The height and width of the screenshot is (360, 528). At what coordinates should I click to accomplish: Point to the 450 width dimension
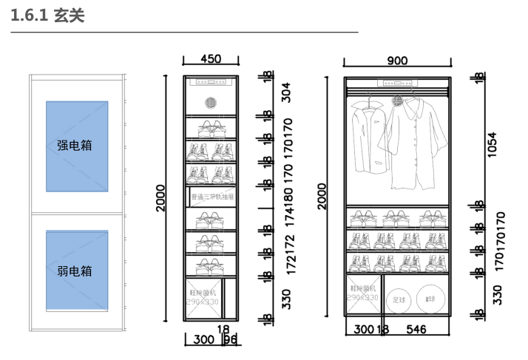(x=211, y=60)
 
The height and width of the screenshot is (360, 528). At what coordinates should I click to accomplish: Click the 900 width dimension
(x=398, y=61)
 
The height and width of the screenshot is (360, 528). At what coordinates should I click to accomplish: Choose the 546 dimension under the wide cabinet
(x=417, y=329)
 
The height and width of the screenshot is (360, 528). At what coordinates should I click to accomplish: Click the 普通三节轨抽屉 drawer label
(x=212, y=197)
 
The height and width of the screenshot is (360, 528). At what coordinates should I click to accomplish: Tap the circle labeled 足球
(x=399, y=300)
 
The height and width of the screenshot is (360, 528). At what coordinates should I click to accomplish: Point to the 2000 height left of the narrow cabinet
(x=161, y=197)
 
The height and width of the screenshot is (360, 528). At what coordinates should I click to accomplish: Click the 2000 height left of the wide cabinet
(x=322, y=196)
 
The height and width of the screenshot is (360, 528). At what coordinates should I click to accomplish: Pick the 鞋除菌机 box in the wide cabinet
(x=363, y=293)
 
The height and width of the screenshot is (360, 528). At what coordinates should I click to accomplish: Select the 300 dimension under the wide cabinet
(x=363, y=329)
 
